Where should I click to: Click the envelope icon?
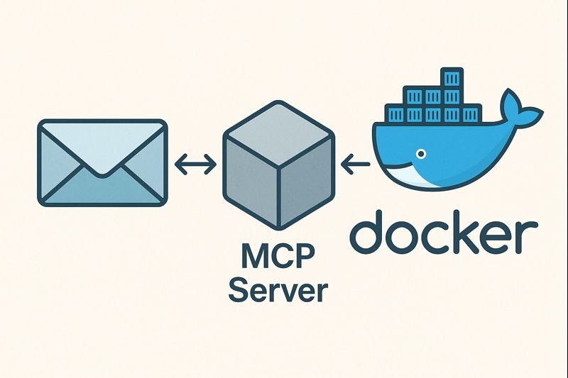pos(103,163)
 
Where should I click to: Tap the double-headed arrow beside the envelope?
pos(195,165)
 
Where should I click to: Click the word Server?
pos(280,289)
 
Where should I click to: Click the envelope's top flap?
pos(103,142)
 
